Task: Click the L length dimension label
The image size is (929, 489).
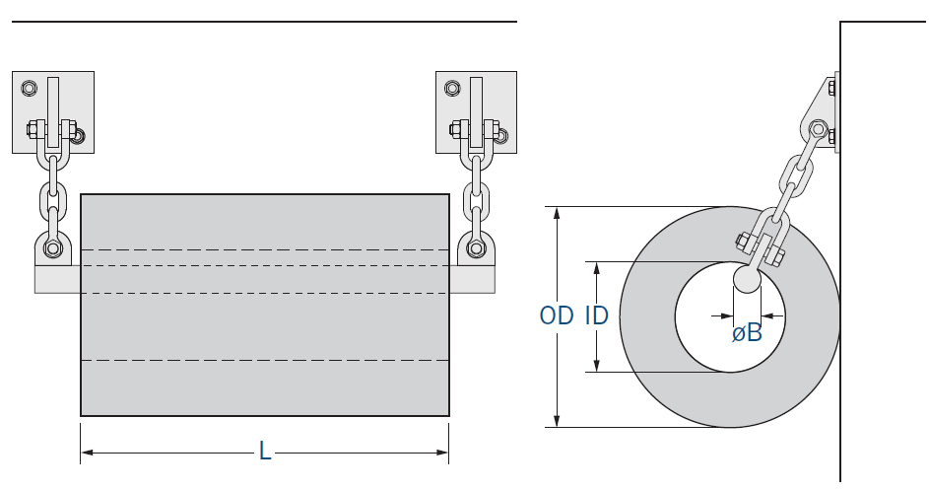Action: [264, 453]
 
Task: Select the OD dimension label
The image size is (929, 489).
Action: [557, 316]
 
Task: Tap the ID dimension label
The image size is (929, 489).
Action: [597, 316]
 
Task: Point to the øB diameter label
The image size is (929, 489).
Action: [747, 333]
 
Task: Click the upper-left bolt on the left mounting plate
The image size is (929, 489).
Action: [29, 89]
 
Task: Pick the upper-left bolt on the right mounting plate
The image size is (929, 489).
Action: [452, 89]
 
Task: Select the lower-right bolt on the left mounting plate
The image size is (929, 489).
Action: [78, 136]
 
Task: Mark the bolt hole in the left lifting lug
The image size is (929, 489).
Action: [53, 247]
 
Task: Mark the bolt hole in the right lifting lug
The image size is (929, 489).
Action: [477, 247]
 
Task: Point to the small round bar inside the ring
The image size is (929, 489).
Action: [747, 279]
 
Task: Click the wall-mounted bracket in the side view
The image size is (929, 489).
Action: [822, 113]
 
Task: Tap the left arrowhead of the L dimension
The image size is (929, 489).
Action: [87, 453]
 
